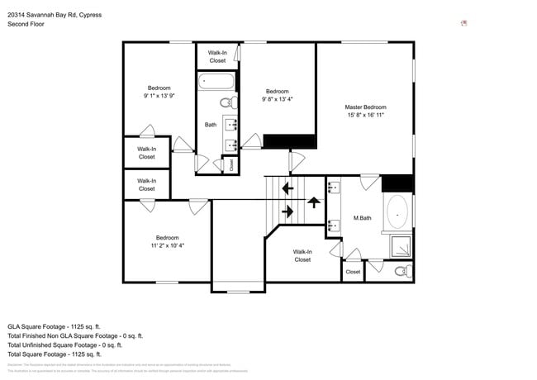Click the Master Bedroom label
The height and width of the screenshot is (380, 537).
(365, 107)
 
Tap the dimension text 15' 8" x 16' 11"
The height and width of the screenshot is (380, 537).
(365, 116)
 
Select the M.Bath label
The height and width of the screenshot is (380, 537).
(362, 218)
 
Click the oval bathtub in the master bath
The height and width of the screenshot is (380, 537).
(397, 212)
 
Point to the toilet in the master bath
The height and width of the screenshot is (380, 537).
(401, 270)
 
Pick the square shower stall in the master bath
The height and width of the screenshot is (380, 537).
(400, 246)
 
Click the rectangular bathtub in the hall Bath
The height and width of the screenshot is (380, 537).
(216, 83)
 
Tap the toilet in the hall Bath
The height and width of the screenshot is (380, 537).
(226, 103)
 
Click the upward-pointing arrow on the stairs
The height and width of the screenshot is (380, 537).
(313, 200)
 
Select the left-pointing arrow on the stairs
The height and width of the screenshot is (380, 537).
(288, 188)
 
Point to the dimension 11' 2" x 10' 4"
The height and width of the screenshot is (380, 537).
(168, 245)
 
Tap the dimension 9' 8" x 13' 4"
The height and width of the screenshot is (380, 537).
(277, 100)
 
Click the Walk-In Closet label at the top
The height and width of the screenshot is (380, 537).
(217, 56)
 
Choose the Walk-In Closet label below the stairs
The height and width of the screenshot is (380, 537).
(302, 255)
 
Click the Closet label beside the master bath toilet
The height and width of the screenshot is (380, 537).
(353, 272)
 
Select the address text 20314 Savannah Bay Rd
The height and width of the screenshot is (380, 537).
(55, 15)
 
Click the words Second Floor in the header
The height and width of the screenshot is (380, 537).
(26, 25)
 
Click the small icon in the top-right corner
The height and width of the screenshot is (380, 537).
(464, 23)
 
